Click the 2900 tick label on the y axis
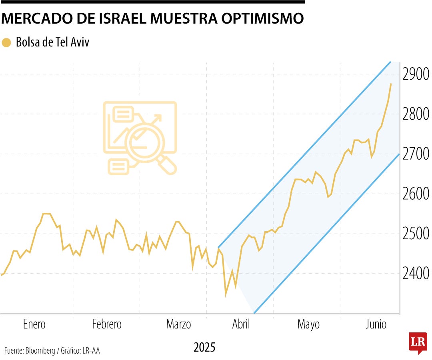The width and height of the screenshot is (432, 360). (416, 74)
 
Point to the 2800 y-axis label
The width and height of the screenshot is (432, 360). (416, 114)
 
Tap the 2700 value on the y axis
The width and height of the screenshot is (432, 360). (416, 154)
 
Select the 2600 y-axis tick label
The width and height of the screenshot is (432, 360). (416, 194)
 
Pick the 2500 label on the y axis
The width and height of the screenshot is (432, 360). (416, 234)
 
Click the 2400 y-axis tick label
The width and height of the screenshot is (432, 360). (416, 274)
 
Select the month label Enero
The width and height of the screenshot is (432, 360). (34, 324)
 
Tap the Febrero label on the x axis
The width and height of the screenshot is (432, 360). (107, 324)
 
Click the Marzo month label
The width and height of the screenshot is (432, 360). (178, 324)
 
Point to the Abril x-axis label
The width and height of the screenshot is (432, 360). (241, 324)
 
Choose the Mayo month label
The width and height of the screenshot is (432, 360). (308, 324)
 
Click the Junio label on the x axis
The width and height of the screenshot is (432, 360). (376, 324)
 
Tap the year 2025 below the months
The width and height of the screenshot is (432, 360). (204, 347)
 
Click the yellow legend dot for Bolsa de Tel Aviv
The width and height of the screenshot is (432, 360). (6, 43)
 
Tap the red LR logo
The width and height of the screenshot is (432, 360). (418, 342)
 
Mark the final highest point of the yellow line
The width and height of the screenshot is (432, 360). (391, 84)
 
